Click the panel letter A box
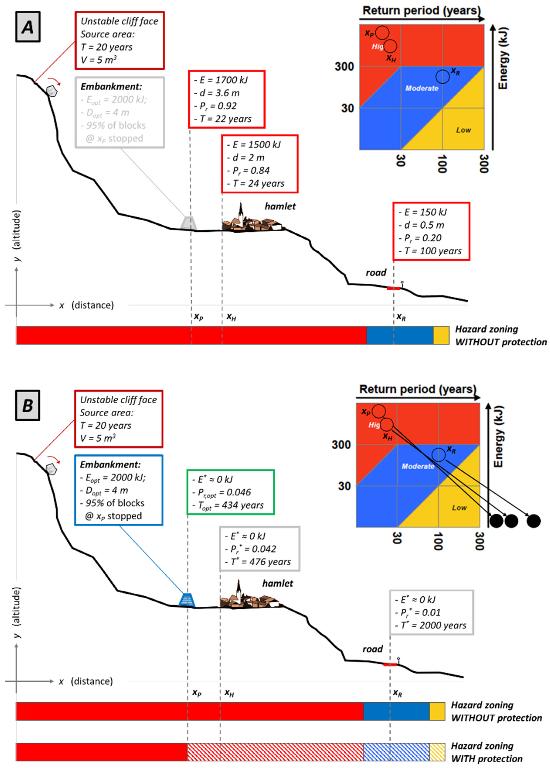click(x=28, y=27)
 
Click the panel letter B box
click(x=27, y=405)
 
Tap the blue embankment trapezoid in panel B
click(x=187, y=600)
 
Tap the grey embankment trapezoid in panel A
click(x=188, y=223)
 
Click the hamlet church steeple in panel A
click(x=241, y=212)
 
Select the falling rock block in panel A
click(x=51, y=91)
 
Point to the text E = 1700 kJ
click(x=223, y=80)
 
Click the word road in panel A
click(x=376, y=272)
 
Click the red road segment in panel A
click(x=393, y=288)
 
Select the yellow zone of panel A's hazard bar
click(x=441, y=335)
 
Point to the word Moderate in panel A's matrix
click(x=422, y=88)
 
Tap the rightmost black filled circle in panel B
click(x=533, y=521)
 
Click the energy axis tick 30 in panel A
click(x=347, y=108)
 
